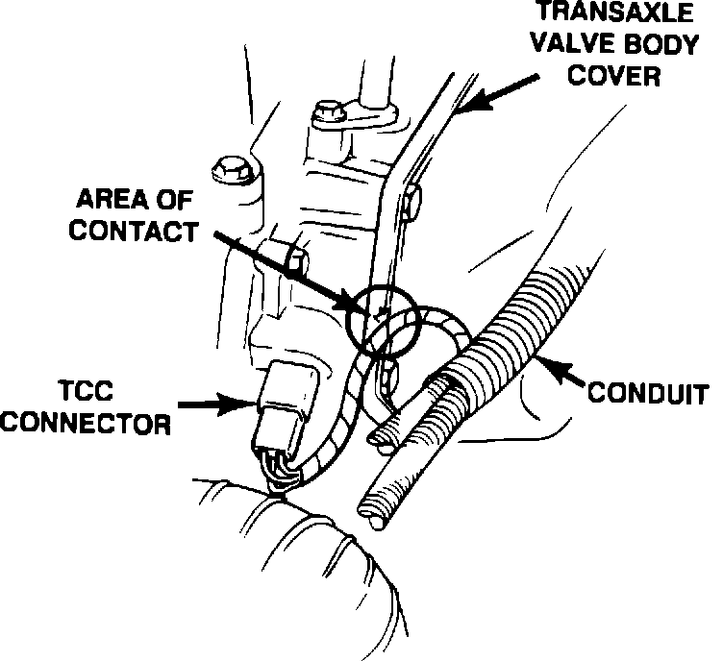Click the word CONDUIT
click(x=648, y=393)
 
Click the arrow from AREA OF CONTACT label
click(x=279, y=269)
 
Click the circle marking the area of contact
click(x=383, y=318)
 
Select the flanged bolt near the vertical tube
click(x=326, y=113)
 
